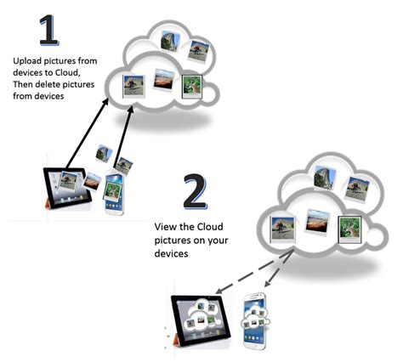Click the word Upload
click(27, 61)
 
